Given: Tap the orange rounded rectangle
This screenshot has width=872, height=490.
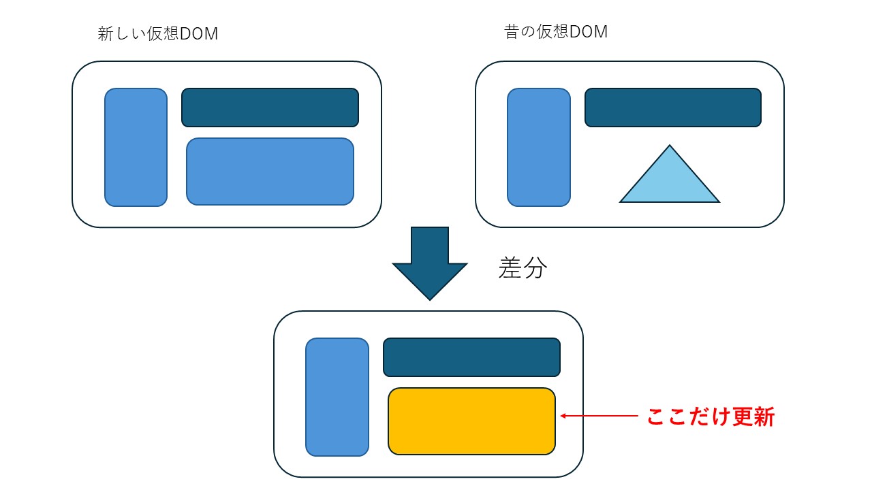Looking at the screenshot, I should [x=471, y=421].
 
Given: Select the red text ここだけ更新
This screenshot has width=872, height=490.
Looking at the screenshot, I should [x=711, y=416].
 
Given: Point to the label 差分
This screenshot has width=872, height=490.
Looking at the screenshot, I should [x=523, y=268].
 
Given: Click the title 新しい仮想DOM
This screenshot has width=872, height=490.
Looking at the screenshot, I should [x=158, y=34].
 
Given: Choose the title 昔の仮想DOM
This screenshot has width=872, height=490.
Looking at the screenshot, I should [x=556, y=32].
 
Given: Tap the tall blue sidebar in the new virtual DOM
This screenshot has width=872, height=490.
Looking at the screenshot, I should [x=136, y=147].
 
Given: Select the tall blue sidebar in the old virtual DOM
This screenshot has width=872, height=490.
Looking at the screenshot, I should [x=539, y=147].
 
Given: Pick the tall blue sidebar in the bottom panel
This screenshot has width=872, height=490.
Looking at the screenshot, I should [x=337, y=397].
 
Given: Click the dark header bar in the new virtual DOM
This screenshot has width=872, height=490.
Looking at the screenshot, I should [x=270, y=108].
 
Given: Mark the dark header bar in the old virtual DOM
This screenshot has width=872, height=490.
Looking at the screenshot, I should [x=673, y=108].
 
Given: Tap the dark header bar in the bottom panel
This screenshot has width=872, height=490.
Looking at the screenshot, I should [x=471, y=357].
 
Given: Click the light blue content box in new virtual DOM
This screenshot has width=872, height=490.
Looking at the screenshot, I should [x=270, y=171].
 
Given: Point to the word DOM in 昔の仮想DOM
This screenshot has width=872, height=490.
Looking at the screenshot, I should [x=588, y=32].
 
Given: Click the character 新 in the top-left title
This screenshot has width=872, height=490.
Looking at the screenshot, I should [x=106, y=34].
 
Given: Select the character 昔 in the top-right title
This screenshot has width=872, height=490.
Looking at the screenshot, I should [x=512, y=32].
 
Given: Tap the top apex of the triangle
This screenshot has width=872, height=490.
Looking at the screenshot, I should [x=670, y=147].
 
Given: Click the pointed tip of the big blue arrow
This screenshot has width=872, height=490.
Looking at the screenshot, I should [x=430, y=298].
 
